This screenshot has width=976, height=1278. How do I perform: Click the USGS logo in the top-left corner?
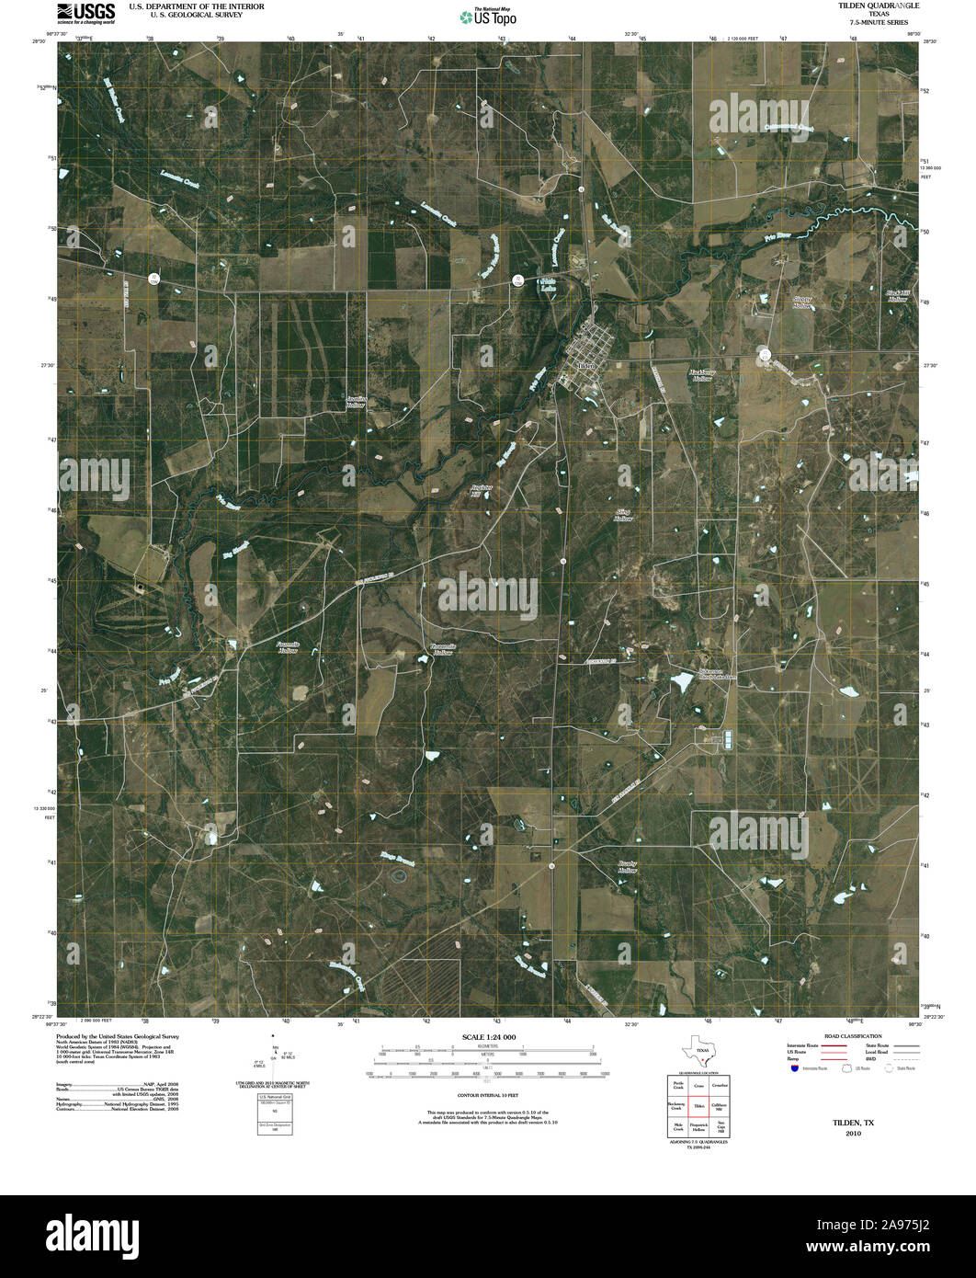click(85, 12)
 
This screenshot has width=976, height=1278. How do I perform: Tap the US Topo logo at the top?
click(488, 16)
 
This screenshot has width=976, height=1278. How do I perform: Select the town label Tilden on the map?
click(586, 365)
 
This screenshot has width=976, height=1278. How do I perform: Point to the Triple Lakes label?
click(548, 284)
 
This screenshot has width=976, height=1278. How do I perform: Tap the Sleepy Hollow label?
click(803, 302)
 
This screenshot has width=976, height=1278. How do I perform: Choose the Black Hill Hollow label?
click(897, 296)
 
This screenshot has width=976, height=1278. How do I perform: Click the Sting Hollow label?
click(623, 516)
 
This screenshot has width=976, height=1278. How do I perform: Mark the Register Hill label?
click(475, 490)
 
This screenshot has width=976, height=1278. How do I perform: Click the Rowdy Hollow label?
click(628, 867)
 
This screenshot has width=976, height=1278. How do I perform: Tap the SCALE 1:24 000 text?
click(488, 1037)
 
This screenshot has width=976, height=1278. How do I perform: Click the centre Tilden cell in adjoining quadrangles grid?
click(698, 1106)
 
